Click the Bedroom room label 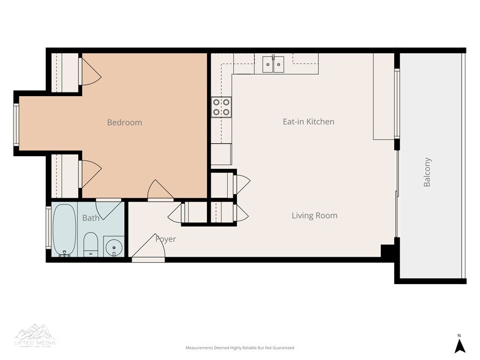[124, 122]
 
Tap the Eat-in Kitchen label [308, 122]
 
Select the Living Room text [314, 216]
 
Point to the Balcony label [427, 173]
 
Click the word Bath [91, 218]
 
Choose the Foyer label [165, 239]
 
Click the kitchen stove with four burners [221, 107]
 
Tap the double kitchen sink [272, 63]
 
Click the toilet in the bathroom [91, 244]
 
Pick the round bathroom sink [112, 247]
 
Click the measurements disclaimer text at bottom [239, 347]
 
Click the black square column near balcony [388, 252]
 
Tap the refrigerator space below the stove [221, 154]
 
